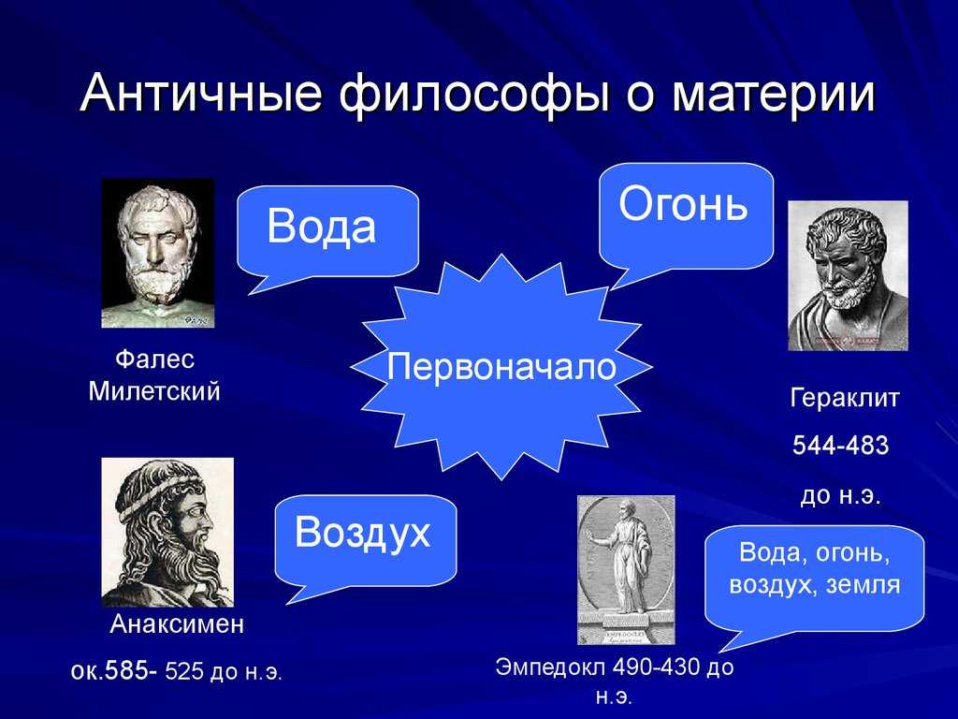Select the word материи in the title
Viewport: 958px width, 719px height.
coord(774,95)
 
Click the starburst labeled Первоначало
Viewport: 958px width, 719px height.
coord(501,367)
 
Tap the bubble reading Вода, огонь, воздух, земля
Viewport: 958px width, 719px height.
coord(814,578)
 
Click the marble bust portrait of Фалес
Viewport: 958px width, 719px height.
coord(157,253)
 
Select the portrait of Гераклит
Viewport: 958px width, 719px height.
coord(848,276)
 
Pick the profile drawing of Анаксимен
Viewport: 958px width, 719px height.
coord(167,532)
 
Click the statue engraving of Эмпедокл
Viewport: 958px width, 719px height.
coord(626,570)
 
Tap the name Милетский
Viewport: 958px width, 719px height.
coord(154,391)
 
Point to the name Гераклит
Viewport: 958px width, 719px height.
coord(845,398)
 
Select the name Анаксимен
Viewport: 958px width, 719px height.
coord(177,624)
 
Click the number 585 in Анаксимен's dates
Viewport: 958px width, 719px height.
coord(126,671)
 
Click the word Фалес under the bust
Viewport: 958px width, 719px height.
coord(154,359)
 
